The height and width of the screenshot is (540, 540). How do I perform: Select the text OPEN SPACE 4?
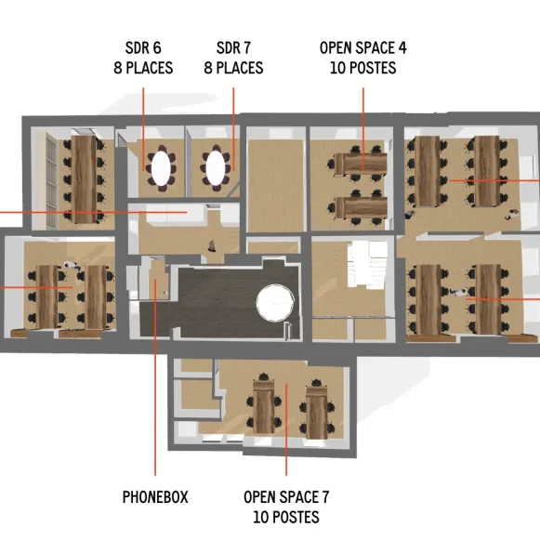point(362,48)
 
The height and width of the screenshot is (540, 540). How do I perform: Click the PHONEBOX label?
point(155,497)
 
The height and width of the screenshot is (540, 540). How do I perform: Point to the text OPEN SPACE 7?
point(286,497)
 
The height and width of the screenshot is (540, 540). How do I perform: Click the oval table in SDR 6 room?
point(162,167)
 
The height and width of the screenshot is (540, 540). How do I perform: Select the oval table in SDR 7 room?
point(217,167)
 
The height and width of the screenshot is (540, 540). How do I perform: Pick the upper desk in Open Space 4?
point(361,161)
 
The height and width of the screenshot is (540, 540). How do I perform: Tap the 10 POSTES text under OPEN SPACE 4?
point(362,68)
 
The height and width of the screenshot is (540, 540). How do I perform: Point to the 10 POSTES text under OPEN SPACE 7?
point(286,517)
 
